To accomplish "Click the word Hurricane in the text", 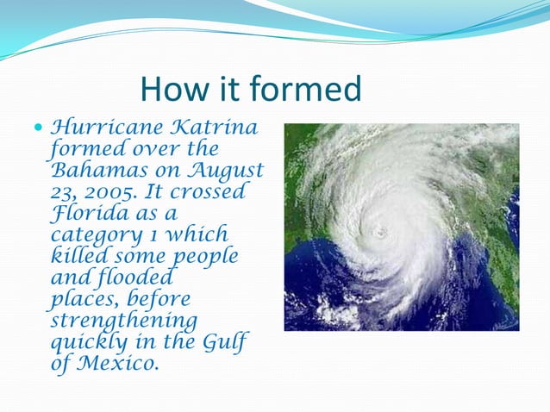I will (106, 129).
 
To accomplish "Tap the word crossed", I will (209, 191).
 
